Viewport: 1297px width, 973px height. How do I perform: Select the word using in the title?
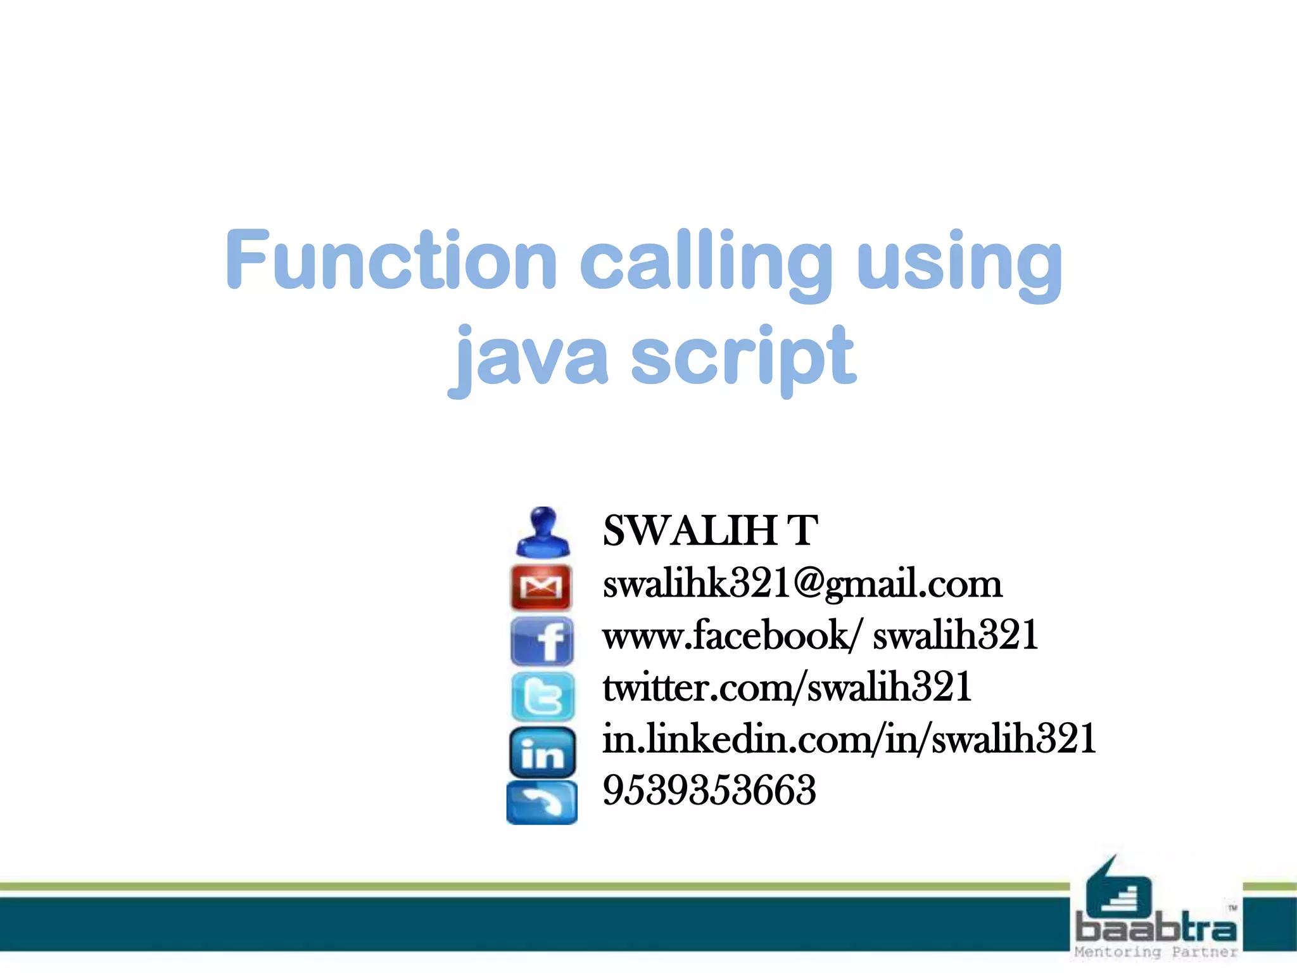click(x=959, y=262)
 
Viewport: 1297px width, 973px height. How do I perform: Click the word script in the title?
click(x=743, y=357)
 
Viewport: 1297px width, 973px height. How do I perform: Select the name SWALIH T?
click(x=710, y=530)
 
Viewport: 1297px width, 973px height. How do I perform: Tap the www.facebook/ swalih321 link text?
click(x=820, y=635)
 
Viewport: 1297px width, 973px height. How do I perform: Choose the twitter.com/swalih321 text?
click(x=787, y=687)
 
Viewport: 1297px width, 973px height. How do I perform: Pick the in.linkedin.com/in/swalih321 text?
click(x=849, y=739)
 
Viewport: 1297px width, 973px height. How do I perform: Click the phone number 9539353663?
click(x=709, y=791)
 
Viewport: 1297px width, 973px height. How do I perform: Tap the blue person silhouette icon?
click(x=543, y=532)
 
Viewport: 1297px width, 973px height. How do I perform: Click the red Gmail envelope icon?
click(x=541, y=587)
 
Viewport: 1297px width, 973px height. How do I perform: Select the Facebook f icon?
click(x=542, y=641)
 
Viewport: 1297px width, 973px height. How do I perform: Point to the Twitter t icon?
click(x=543, y=696)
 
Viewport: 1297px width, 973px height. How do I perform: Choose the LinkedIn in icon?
click(x=542, y=752)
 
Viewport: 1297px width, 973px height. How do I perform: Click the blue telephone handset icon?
click(x=542, y=803)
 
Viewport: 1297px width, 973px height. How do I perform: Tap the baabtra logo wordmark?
click(x=1156, y=929)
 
